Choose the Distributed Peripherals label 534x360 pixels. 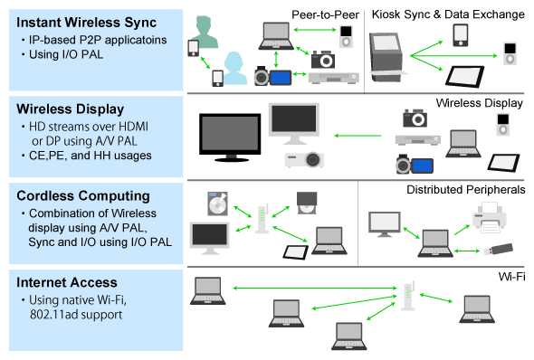[464, 190]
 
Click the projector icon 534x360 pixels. [304, 159]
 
